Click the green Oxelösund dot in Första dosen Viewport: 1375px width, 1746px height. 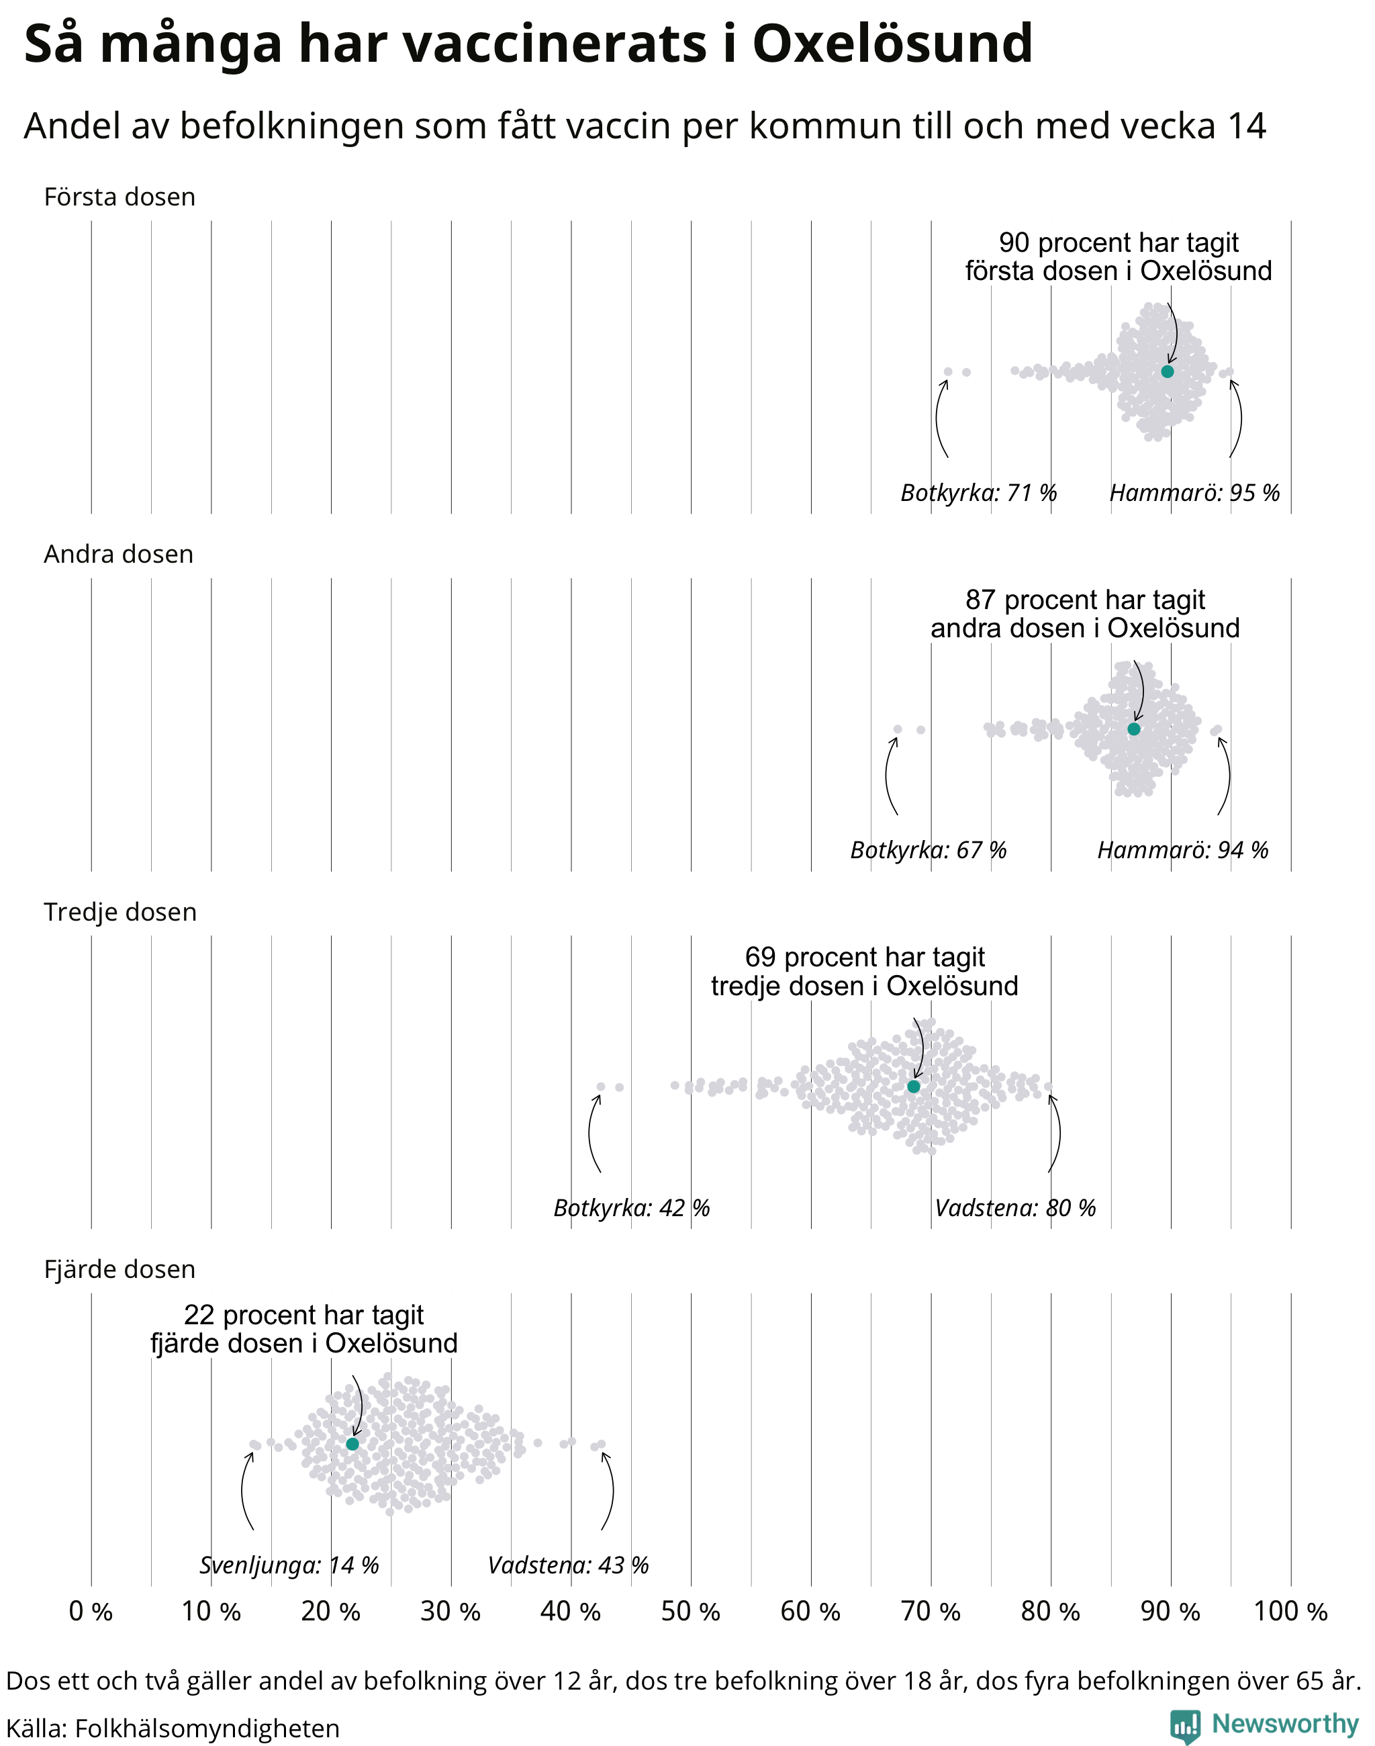coord(1168,371)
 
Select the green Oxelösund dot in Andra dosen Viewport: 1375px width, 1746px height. coord(1133,729)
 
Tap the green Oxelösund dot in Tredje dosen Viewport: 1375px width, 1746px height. coord(914,1087)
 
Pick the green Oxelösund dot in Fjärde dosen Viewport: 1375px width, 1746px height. coord(352,1444)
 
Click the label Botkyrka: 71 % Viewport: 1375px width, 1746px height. coord(978,492)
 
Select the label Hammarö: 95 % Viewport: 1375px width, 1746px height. coord(1194,492)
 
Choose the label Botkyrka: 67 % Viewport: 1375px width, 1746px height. coord(929,849)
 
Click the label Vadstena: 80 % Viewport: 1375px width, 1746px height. coord(1015,1208)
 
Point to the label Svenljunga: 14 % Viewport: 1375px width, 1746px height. coord(289,1565)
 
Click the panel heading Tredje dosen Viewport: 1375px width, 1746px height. coord(120,912)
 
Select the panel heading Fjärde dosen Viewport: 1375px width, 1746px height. coord(119,1269)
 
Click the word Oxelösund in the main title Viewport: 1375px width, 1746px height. coord(892,44)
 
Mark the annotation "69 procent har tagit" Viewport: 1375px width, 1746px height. coord(865,957)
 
